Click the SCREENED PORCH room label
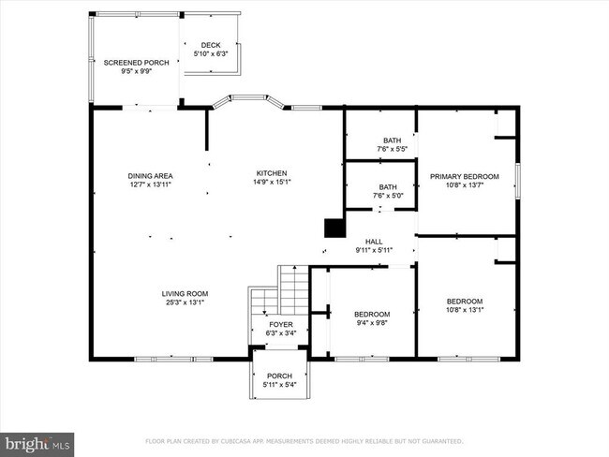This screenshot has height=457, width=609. pyautogui.click(x=136, y=63)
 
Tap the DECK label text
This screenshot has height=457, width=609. pyautogui.click(x=210, y=45)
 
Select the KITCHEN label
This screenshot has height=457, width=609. pyautogui.click(x=272, y=173)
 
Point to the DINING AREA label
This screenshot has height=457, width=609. pyautogui.click(x=150, y=175)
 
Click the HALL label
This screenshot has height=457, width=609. pyautogui.click(x=373, y=241)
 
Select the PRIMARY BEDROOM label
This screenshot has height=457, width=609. pyautogui.click(x=464, y=175)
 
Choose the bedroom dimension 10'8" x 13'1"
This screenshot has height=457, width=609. pyautogui.click(x=464, y=310)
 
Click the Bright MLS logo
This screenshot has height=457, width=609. pyautogui.click(x=37, y=441)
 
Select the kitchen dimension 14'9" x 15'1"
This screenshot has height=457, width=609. pyautogui.click(x=272, y=183)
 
